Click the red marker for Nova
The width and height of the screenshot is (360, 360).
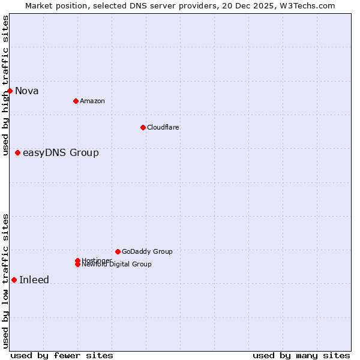coord(10,91)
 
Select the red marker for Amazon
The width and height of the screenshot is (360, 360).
coord(76,101)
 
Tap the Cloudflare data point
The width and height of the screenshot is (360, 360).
coord(143,127)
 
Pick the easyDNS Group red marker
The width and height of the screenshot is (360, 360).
coord(17,152)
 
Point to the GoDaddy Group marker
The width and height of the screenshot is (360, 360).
coord(118,251)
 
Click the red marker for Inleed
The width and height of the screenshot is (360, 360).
coord(14,280)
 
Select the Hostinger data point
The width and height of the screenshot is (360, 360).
coord(77,260)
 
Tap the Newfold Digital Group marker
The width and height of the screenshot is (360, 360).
coord(77,265)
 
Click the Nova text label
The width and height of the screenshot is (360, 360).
coord(27,91)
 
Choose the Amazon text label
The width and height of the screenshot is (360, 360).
coord(92,101)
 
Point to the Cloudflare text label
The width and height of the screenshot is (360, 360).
coord(163,127)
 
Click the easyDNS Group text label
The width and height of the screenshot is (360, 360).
coord(61,153)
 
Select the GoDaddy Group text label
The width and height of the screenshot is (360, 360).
coord(147,251)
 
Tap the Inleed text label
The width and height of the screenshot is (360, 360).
coord(34,280)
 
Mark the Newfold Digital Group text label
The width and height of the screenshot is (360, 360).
coord(117,265)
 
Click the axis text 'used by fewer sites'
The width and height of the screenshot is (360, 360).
coord(62,355)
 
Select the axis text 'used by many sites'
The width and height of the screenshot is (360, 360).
coord(301,355)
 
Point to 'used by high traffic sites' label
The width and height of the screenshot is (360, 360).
coord(5,86)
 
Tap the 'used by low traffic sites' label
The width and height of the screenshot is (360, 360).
coord(5,281)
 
